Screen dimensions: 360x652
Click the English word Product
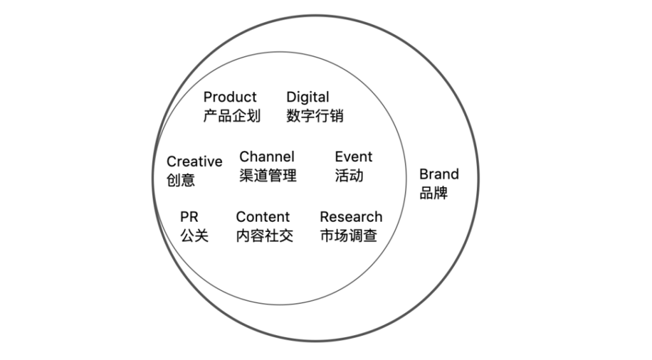pyautogui.click(x=230, y=97)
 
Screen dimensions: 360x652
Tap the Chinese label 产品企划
pyautogui.click(x=232, y=116)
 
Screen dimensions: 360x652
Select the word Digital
pyautogui.click(x=308, y=97)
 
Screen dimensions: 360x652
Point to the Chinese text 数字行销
pyautogui.click(x=315, y=116)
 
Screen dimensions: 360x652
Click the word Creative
pyautogui.click(x=194, y=162)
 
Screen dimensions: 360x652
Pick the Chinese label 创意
pyautogui.click(x=181, y=180)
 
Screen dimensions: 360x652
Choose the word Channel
pyautogui.click(x=267, y=157)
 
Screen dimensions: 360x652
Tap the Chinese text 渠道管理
pyautogui.click(x=268, y=175)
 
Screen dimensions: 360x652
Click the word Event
pyautogui.click(x=353, y=157)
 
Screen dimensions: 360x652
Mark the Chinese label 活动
pyautogui.click(x=349, y=175)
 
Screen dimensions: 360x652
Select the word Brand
pyautogui.click(x=439, y=175)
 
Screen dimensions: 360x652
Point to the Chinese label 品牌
pyautogui.click(x=434, y=193)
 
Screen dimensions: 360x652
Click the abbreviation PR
pyautogui.click(x=189, y=217)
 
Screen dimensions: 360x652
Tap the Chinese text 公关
pyautogui.click(x=194, y=236)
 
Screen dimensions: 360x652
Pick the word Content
pyautogui.click(x=262, y=217)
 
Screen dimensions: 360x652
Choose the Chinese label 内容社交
pyautogui.click(x=264, y=236)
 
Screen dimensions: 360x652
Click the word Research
pyautogui.click(x=351, y=217)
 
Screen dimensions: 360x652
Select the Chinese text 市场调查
pyautogui.click(x=348, y=236)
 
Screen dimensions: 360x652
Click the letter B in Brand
pyautogui.click(x=424, y=175)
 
